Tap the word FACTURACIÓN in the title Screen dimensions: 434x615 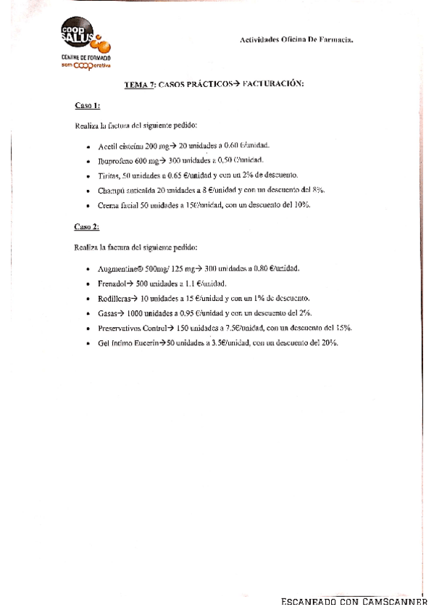click(x=273, y=85)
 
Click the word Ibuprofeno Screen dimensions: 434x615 click(x=115, y=160)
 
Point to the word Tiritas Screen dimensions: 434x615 click(x=109, y=176)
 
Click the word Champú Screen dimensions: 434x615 click(x=110, y=191)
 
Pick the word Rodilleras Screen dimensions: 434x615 click(x=114, y=298)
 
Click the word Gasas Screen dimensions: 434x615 click(x=107, y=313)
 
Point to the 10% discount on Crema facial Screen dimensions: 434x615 click(x=301, y=206)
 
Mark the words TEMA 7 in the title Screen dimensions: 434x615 click(x=139, y=85)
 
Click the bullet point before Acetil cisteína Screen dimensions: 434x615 click(x=87, y=146)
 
